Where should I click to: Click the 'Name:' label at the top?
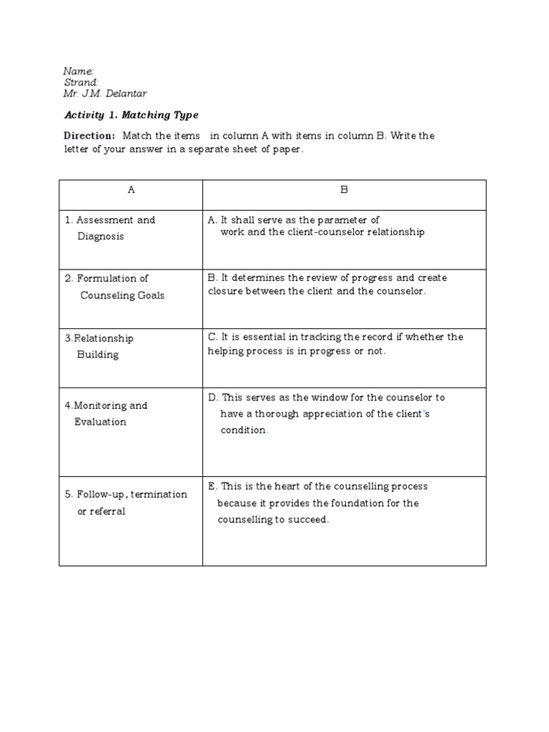coord(78,71)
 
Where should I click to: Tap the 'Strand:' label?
coord(81,82)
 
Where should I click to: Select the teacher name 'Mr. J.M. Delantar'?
coord(104,94)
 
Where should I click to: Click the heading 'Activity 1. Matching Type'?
coord(131,115)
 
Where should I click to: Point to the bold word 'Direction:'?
coord(89,136)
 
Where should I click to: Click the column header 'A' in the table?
coord(131,190)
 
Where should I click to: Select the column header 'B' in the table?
coord(344,190)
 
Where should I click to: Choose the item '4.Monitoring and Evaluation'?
coord(105,413)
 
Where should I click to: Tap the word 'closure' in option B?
coord(226,292)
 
